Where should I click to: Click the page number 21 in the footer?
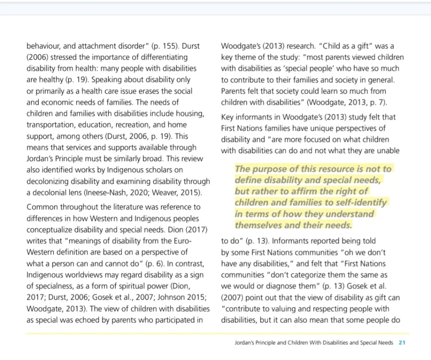point(402,343)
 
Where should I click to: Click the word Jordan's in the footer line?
point(245,343)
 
